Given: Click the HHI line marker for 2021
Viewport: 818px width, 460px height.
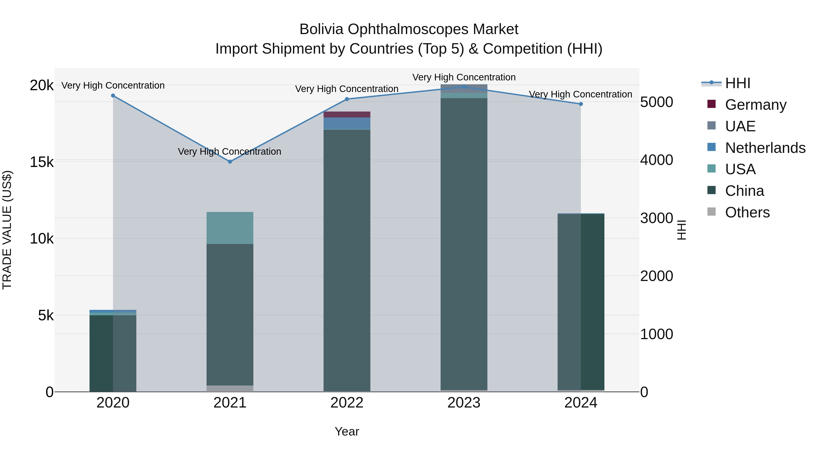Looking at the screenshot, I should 230,162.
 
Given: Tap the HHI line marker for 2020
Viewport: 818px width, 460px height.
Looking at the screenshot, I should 113,96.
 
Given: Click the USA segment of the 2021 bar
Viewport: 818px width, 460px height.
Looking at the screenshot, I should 230,228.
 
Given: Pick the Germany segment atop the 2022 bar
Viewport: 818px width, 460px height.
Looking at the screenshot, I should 347,115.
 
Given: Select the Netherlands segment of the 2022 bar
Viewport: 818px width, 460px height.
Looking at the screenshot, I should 347,124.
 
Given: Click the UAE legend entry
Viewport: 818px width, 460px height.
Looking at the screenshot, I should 740,126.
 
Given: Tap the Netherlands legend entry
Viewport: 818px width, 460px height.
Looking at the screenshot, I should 765,148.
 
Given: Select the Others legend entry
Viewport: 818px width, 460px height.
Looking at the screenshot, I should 747,212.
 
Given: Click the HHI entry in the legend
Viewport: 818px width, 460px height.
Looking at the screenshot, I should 737,83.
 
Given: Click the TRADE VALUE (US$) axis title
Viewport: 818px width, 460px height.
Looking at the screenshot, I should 7,230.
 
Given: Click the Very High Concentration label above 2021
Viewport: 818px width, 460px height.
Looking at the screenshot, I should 229,152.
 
